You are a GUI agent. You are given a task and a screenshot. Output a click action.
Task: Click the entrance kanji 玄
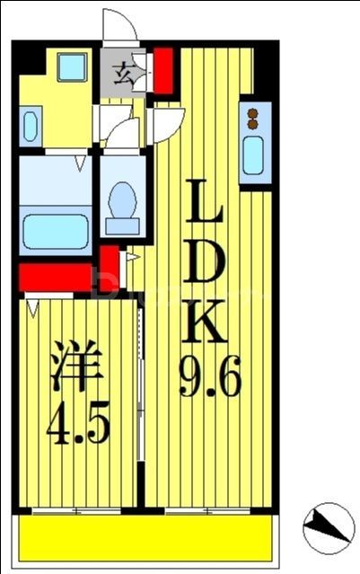tap(124, 74)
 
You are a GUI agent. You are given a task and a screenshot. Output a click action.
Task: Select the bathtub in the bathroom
tap(55, 233)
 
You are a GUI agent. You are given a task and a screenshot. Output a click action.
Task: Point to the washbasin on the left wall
tap(30, 125)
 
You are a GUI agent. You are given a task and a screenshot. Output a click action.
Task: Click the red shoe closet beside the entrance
tap(163, 70)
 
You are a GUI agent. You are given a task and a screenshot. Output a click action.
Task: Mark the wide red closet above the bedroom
tap(54, 277)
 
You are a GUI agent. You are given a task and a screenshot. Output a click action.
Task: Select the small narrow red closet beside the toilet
tap(109, 267)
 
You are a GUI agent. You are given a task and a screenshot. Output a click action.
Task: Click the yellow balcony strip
tap(144, 536)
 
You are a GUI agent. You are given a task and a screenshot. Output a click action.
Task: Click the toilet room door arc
tap(125, 135)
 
